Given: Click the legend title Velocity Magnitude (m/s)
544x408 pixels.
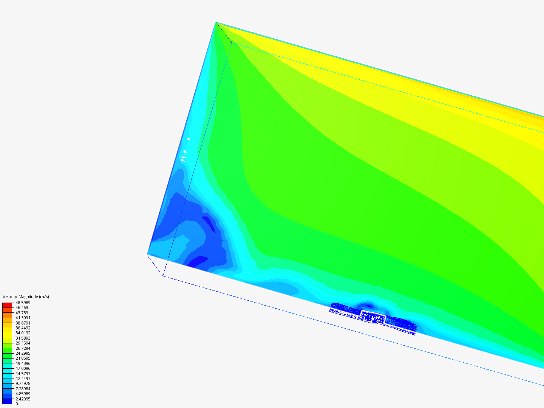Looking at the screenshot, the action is click(x=26, y=297).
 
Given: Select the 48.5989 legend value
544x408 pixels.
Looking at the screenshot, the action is click(x=23, y=303).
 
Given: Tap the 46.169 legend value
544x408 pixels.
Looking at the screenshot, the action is click(x=22, y=308).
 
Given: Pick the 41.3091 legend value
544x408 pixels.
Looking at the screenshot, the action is click(x=23, y=318).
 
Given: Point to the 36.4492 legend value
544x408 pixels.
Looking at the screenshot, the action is click(x=23, y=328).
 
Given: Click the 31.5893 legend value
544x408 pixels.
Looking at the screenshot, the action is click(x=23, y=338).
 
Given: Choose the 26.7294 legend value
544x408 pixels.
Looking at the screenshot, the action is click(x=23, y=348).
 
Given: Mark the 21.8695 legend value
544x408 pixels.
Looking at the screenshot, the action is click(x=23, y=358).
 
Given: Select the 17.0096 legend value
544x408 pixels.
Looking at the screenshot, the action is click(x=23, y=368).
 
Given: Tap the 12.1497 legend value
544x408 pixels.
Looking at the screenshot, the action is click(x=23, y=379).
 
